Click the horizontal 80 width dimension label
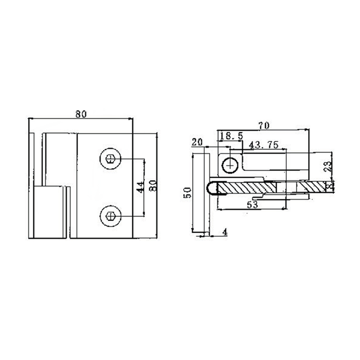point(81,114)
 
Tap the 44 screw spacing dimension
point(140,186)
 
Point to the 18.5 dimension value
point(232,135)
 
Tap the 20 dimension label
point(197,142)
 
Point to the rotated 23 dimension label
point(328,168)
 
